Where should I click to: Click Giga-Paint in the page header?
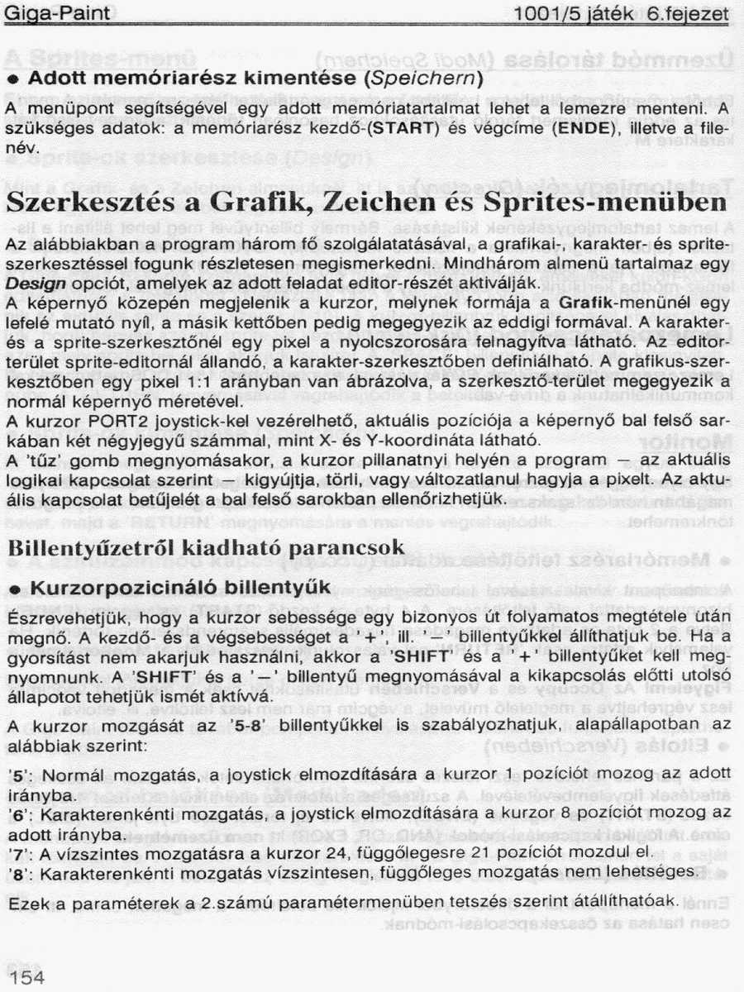coord(58,14)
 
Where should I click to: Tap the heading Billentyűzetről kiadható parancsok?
coord(204,547)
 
